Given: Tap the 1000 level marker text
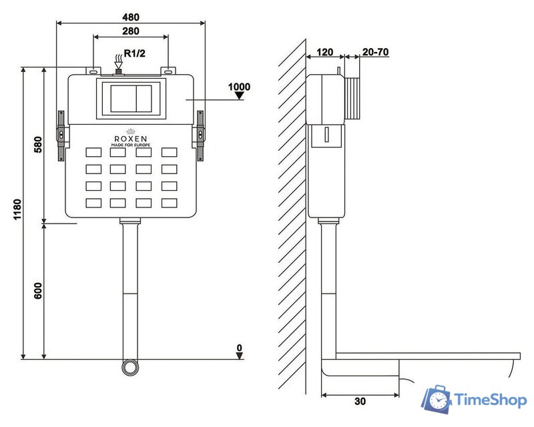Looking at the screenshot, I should pos(239,87).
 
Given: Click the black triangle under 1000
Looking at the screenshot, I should pos(239,97).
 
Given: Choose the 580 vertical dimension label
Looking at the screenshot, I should pos(38,145).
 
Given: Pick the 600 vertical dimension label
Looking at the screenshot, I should pos(38,291).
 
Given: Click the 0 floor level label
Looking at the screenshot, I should pos(238,348).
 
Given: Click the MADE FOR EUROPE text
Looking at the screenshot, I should pos(130,145).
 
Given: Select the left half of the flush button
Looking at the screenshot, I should pos(123,98).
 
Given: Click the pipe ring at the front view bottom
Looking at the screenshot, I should pos(129,367).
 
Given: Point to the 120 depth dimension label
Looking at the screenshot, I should pos(325,51).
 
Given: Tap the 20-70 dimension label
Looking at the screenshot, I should pos(374,51).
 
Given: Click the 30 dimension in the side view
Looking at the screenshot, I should pos(360,402).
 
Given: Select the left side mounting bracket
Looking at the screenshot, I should pos(61,135).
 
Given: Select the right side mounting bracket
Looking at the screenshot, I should pos(200,135).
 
